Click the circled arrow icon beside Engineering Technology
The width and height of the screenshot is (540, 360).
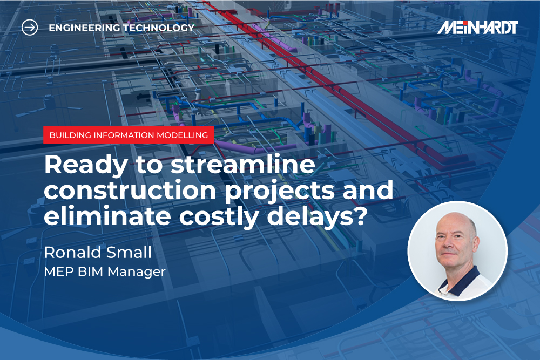pyautogui.click(x=30, y=27)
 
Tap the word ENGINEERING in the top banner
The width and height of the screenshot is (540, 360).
pyautogui.click(x=84, y=28)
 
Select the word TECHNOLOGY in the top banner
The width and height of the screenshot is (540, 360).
pyautogui.click(x=159, y=28)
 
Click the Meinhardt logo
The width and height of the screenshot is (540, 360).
pyautogui.click(x=478, y=28)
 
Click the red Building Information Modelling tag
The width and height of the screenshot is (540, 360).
pyautogui.click(x=129, y=135)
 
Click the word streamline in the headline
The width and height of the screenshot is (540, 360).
pyautogui.click(x=243, y=164)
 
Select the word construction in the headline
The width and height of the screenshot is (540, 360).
pyautogui.click(x=130, y=191)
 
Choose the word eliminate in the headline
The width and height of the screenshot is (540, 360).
pyautogui.click(x=107, y=216)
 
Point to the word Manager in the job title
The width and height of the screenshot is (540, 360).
pyautogui.click(x=137, y=272)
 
